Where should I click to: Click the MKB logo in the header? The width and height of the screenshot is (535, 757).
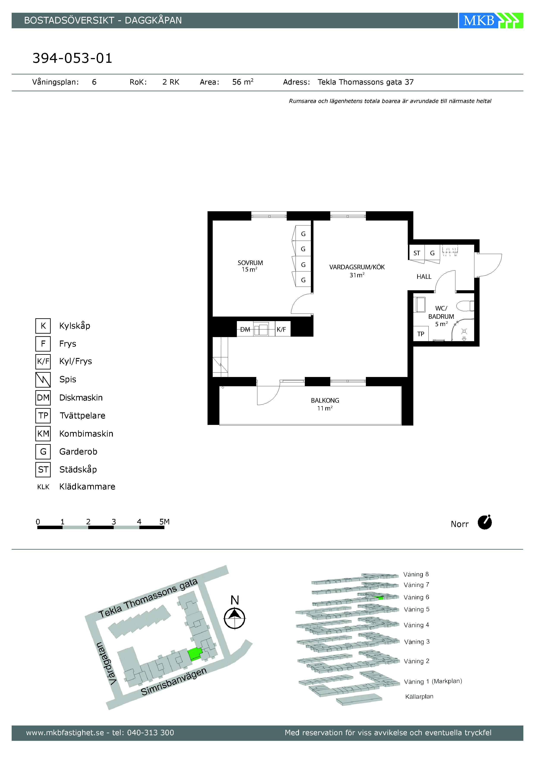coord(491,21)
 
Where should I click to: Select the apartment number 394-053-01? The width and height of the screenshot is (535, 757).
coord(72,58)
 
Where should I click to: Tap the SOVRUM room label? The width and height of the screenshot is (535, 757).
coord(250,263)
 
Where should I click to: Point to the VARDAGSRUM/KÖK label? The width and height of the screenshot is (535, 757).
coord(357,267)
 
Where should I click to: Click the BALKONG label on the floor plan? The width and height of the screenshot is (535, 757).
coord(325,401)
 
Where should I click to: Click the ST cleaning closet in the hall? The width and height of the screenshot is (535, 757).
coord(417,253)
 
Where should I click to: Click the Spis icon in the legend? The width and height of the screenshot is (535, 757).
coord(43,380)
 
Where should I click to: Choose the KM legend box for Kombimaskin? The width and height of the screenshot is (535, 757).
coord(43,434)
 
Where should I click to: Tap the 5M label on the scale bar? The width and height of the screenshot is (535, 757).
coord(164,522)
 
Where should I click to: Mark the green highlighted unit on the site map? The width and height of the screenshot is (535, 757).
coord(195,654)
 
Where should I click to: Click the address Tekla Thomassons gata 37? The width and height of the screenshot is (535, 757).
coord(366,82)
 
